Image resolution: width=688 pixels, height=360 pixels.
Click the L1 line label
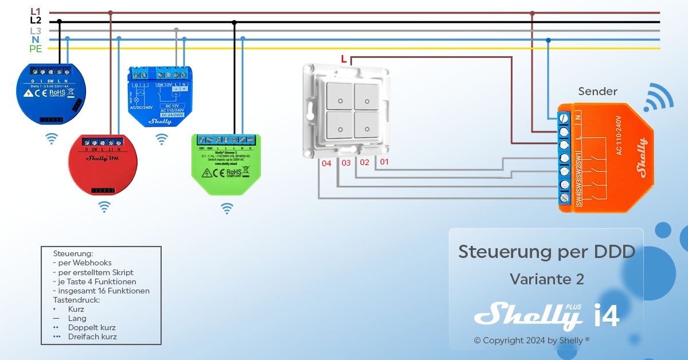pos(36,11)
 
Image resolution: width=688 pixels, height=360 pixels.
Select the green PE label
pos(36,49)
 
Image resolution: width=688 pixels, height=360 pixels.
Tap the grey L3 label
pos(36,30)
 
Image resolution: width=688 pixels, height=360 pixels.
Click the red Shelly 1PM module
pos(103,165)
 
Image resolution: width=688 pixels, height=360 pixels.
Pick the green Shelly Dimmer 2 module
pos(226,163)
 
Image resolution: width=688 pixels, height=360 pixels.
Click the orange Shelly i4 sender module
pos(604,156)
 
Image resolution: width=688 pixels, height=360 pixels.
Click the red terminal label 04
pos(327,163)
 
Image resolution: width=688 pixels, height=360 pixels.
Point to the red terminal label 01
pos(384,162)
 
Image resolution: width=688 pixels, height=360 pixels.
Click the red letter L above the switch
pos(343,58)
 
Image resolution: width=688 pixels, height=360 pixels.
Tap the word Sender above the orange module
pos(597,92)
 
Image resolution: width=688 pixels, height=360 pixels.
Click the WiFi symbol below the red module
pos(104,207)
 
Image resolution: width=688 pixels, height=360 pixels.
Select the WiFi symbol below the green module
pos(228,208)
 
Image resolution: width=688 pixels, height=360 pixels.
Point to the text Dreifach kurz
pos(92,336)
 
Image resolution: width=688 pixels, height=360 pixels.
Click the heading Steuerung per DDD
pos(546,252)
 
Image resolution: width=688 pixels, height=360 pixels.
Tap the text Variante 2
pos(546,279)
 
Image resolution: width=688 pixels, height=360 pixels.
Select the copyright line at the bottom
pos(531,341)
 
